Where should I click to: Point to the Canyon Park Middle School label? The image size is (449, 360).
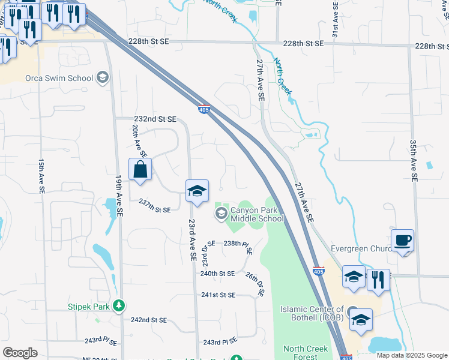point(257,214)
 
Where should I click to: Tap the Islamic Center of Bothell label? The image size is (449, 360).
point(312,313)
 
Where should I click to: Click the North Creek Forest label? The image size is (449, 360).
point(306,352)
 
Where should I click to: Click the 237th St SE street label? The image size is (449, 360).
point(155,209)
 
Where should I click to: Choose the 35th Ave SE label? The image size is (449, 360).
point(413,161)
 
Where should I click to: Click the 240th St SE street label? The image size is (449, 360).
point(217,274)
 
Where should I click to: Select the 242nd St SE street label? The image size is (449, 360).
point(149,320)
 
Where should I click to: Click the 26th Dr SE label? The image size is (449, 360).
point(255,284)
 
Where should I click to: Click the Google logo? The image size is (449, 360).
point(20,353)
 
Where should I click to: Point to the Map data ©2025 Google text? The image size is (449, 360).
point(411,355)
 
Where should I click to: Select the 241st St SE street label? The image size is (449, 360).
point(218,295)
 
